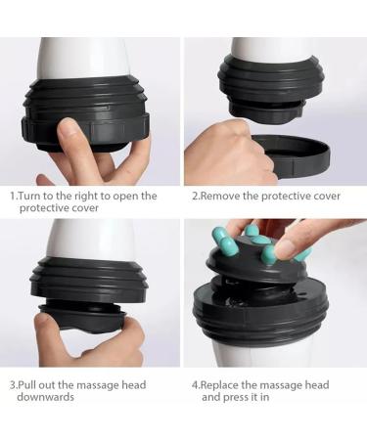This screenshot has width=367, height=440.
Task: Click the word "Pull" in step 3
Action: coord(29,385)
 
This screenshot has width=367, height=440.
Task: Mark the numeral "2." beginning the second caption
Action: coord(195,196)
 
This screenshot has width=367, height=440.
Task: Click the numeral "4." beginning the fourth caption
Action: coord(195,385)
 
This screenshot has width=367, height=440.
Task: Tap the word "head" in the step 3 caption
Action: coord(128,385)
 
